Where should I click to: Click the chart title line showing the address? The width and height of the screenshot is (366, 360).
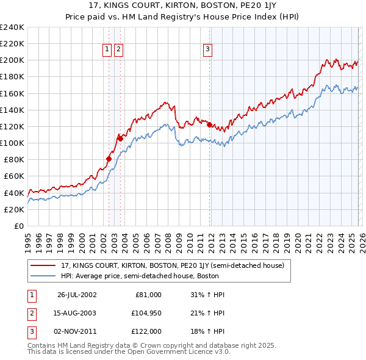[183, 7]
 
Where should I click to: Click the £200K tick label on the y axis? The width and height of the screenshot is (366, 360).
[12, 60]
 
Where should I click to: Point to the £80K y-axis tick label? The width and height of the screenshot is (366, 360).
[13, 160]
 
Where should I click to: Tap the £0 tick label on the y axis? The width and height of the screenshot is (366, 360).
[18, 226]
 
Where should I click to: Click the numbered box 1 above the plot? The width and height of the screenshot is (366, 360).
[107, 50]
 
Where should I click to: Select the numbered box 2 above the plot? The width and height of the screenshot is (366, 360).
[118, 50]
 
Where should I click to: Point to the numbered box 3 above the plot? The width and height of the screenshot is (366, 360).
[207, 50]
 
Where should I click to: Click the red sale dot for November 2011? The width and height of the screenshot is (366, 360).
[209, 125]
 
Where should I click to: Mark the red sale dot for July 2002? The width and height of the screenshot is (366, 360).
[109, 159]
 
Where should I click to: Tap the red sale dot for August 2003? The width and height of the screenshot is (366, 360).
[121, 139]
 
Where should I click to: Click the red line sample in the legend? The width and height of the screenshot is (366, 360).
[44, 266]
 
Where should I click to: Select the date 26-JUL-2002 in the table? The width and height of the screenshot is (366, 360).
[77, 295]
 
